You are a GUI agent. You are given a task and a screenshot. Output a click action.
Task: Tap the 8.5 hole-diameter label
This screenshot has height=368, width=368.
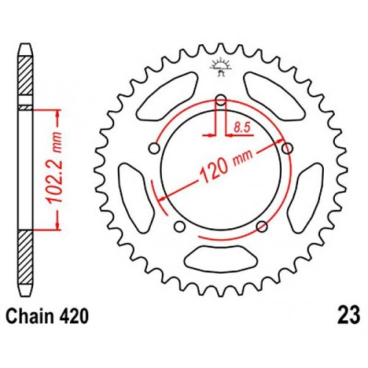242,129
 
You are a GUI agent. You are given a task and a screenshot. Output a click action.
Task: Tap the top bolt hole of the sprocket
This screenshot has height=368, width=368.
221,100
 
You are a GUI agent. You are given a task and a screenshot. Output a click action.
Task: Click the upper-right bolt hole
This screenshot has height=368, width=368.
287,148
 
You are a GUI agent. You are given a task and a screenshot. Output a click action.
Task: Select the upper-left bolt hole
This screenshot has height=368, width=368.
155,149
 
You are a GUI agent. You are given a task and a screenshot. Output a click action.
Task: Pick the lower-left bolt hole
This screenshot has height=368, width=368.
180,227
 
